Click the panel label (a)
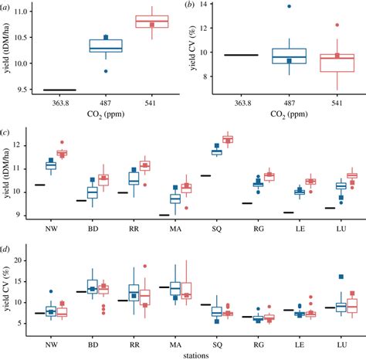coord(8,7)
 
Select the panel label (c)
coord(6,131)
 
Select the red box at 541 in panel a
coord(151,22)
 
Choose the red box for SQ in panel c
coord(228,140)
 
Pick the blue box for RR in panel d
coord(134,292)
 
